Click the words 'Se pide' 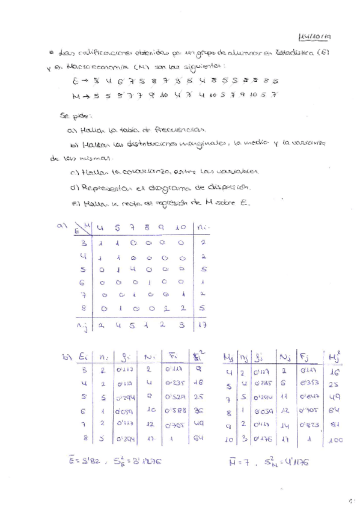coord(72,114)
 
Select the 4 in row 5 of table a coord(133,269)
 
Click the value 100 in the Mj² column coord(336,440)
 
